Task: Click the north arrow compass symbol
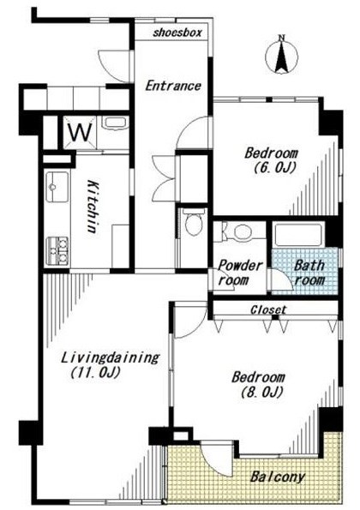(x=282, y=56)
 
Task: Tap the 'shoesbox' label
(x=177, y=33)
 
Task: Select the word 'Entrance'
(x=173, y=86)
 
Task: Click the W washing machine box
(x=80, y=132)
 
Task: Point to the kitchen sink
(x=57, y=187)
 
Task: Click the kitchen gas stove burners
(x=57, y=250)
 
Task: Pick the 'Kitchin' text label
(x=93, y=207)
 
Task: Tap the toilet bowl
(x=194, y=222)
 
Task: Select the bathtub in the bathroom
(x=298, y=235)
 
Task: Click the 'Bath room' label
(x=309, y=273)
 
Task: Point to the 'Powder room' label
(x=240, y=273)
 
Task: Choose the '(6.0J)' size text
(x=275, y=168)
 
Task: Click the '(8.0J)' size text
(x=261, y=393)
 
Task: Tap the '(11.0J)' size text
(x=96, y=372)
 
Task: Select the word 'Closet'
(x=268, y=309)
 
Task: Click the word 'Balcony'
(x=278, y=477)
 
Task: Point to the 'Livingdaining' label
(x=111, y=357)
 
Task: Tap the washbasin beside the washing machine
(x=115, y=123)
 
